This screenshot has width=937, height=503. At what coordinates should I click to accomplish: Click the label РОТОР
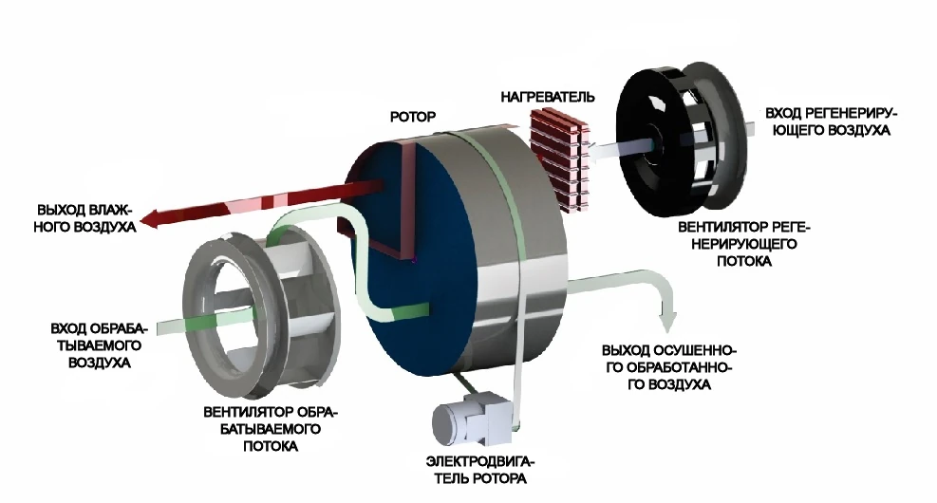[x=413, y=117]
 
